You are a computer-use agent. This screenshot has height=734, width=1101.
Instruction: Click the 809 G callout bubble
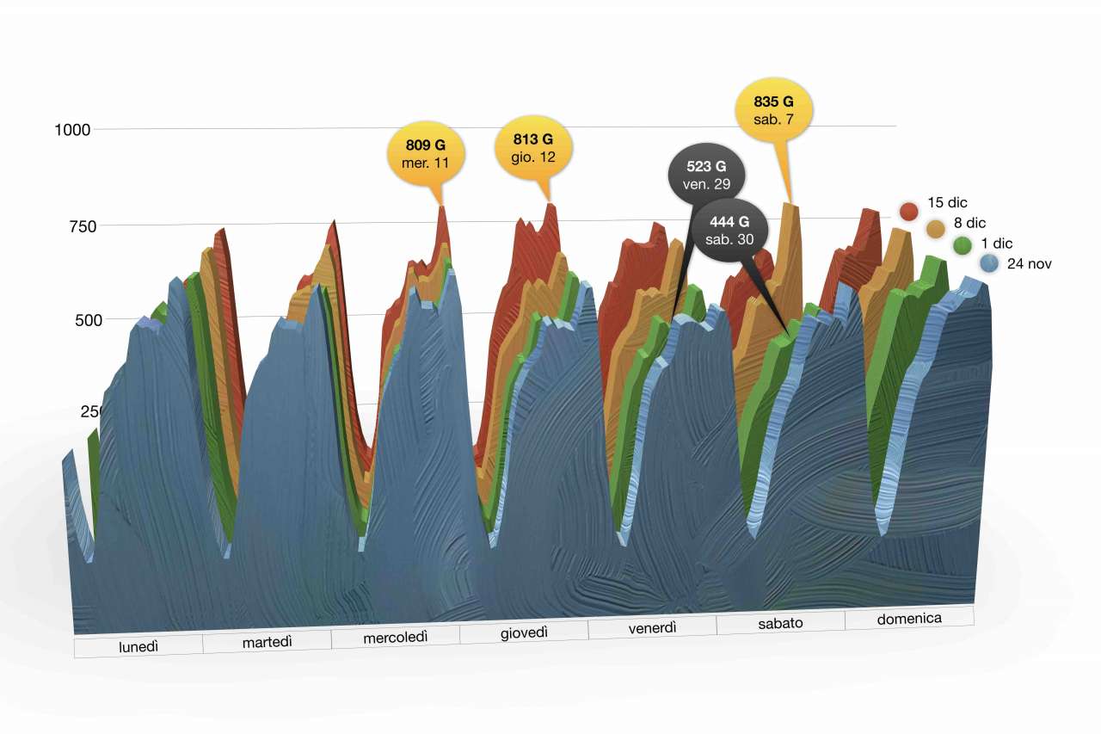(427, 153)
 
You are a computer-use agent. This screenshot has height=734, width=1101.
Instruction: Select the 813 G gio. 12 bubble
(533, 148)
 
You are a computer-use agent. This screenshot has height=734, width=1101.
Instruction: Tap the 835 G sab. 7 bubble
(773, 109)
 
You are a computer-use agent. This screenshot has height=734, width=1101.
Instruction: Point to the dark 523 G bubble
(706, 174)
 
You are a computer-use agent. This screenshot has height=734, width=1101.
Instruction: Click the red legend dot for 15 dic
(908, 211)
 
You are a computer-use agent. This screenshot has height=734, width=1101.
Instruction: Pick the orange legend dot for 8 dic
(936, 228)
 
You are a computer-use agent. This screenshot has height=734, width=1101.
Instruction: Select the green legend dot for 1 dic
(963, 246)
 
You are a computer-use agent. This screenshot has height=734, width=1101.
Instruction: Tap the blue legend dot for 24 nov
(989, 264)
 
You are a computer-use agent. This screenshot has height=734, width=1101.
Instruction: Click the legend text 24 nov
(1029, 264)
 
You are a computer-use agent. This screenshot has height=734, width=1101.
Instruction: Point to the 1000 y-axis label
(72, 131)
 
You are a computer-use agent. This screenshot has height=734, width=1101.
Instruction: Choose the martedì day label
(267, 641)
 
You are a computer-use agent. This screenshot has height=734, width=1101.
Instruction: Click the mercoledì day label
(396, 637)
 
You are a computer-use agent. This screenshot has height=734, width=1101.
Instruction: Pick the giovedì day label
(524, 632)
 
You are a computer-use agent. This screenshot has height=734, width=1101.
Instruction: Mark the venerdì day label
(652, 627)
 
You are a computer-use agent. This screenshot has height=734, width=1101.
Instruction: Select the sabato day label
(780, 622)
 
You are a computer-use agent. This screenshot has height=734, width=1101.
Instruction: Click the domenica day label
(909, 618)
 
